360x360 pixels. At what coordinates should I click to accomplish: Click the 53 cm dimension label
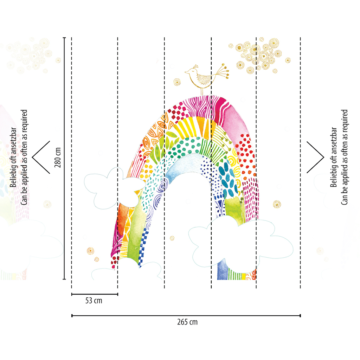click(94, 301)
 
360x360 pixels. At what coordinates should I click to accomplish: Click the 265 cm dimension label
click(187, 322)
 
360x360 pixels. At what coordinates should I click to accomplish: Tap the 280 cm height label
click(58, 157)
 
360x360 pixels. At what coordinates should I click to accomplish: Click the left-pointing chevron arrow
click(41, 157)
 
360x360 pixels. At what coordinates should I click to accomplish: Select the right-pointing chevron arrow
click(315, 157)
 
